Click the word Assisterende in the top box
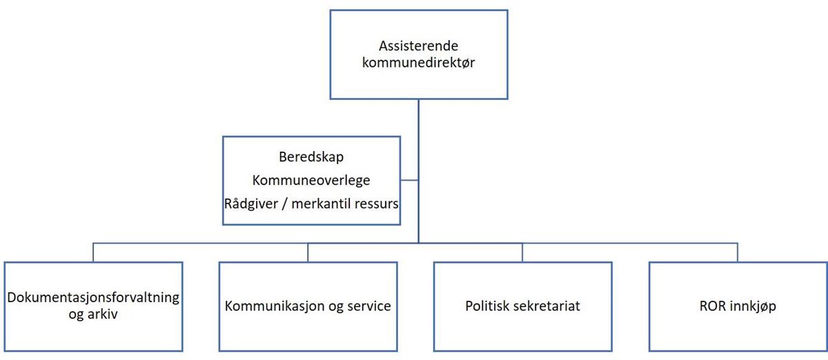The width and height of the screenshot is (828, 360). [x=418, y=46]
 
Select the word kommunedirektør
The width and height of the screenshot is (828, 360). [x=418, y=63]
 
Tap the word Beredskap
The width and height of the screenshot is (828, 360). [x=311, y=157]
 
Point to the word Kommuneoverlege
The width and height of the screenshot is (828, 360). [x=311, y=181]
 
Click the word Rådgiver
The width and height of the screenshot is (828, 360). [x=251, y=203]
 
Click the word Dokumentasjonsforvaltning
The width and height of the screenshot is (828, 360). [x=93, y=297]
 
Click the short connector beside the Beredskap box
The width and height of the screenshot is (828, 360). [x=409, y=180]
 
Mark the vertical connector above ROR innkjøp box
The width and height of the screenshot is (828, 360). [x=738, y=252]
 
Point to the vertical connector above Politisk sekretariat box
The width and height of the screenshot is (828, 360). [x=522, y=252]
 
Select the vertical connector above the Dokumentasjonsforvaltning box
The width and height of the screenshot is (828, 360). [x=93, y=252]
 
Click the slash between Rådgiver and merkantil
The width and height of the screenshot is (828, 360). [x=284, y=204]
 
